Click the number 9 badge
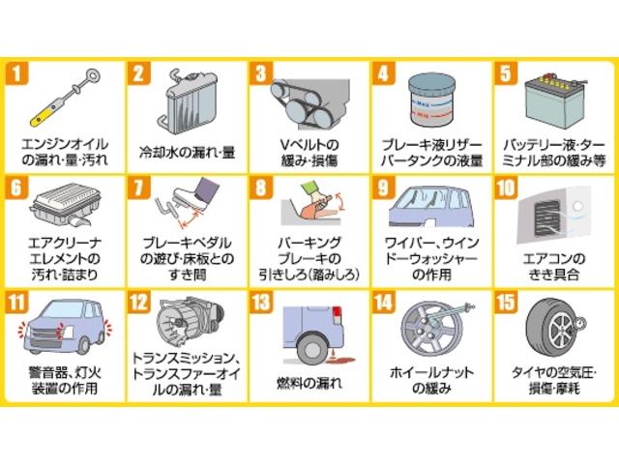coord(384,188)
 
